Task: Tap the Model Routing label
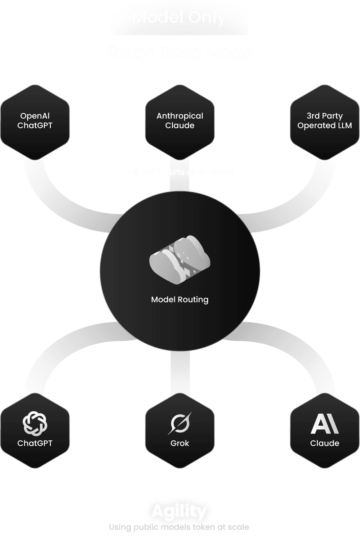click(x=180, y=299)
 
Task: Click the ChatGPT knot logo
click(x=35, y=423)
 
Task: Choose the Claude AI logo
click(x=324, y=424)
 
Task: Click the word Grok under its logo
click(x=180, y=443)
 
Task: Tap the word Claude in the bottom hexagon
click(x=324, y=443)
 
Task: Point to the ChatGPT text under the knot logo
click(x=35, y=443)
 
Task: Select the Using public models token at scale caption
click(x=179, y=527)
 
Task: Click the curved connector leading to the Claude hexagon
click(x=303, y=351)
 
